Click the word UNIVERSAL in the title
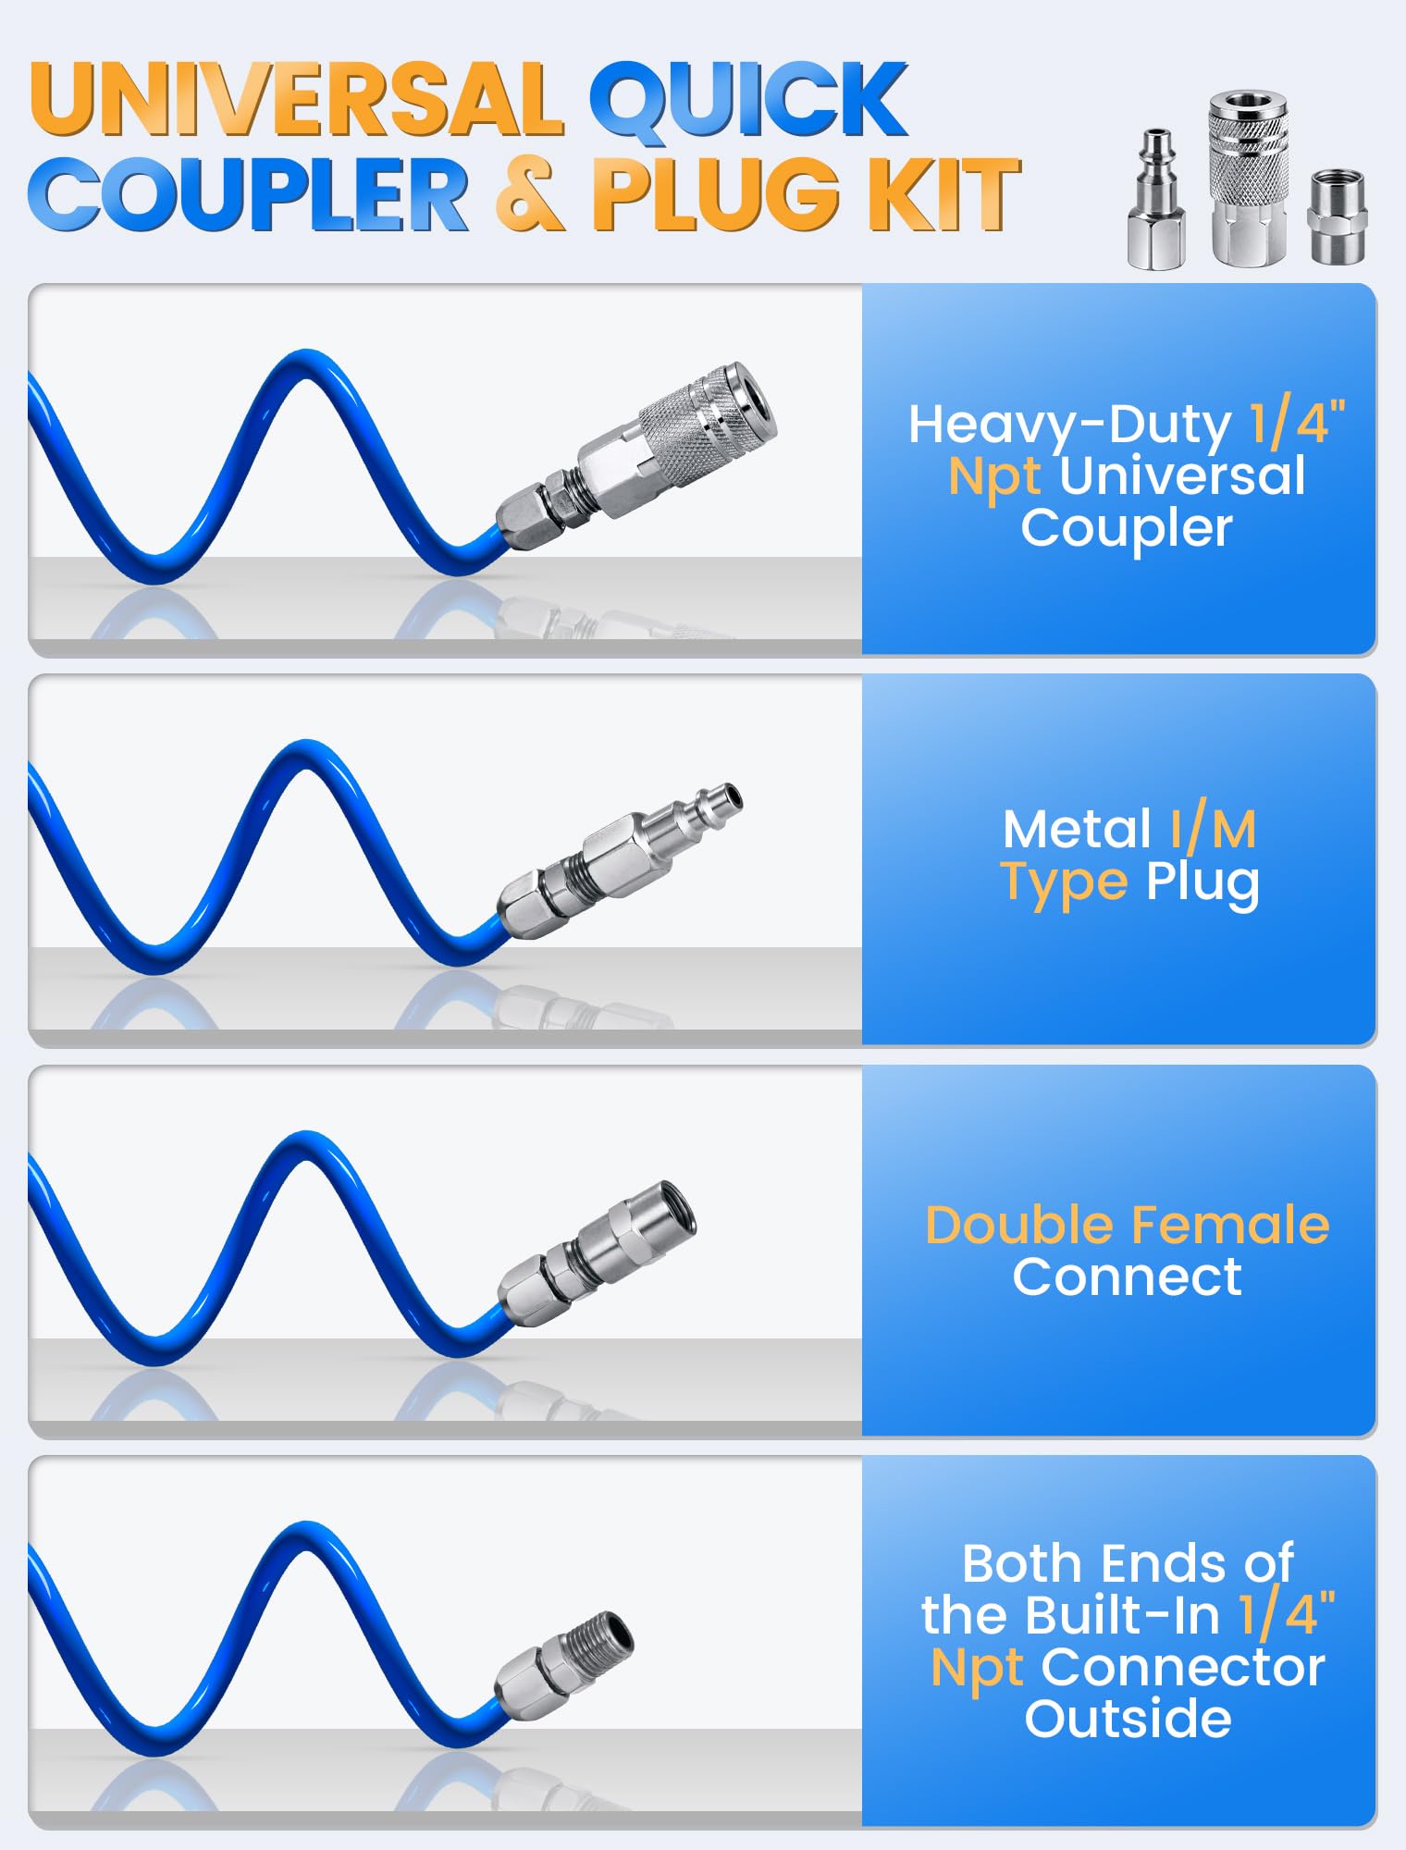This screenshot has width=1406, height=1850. pyautogui.click(x=296, y=100)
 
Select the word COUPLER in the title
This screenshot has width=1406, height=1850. pyautogui.click(x=249, y=194)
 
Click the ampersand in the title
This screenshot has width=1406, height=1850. pyautogui.click(x=531, y=194)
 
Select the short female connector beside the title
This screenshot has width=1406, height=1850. pyautogui.click(x=1337, y=216)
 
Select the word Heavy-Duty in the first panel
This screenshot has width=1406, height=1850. pyautogui.click(x=1069, y=425)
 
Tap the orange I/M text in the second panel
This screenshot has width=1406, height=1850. pyautogui.click(x=1213, y=829)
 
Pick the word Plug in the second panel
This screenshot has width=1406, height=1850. pyautogui.click(x=1202, y=884)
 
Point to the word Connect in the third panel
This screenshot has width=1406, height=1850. pyautogui.click(x=1127, y=1277)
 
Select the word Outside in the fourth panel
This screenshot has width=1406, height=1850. pyautogui.click(x=1128, y=1719)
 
